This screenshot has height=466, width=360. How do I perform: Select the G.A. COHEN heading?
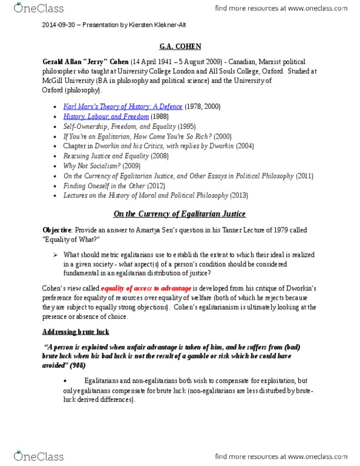click(x=180, y=46)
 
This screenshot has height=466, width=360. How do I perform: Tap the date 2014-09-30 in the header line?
click(x=57, y=25)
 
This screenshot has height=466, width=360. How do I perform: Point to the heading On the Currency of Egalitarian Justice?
click(x=180, y=214)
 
